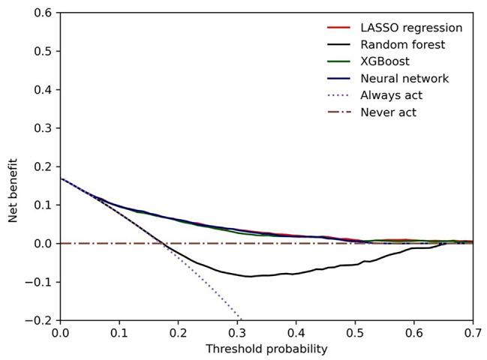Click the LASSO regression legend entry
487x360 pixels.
pyautogui.click(x=411, y=28)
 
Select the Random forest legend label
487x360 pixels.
pyautogui.click(x=402, y=45)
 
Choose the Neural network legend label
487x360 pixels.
pyautogui.click(x=404, y=79)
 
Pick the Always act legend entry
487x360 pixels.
pyautogui.click(x=391, y=95)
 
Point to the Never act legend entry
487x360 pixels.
pyautogui.click(x=388, y=112)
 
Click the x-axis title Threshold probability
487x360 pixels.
pyautogui.click(x=266, y=349)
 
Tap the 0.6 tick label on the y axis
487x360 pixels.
pyautogui.click(x=42, y=13)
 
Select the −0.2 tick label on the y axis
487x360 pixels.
pyautogui.click(x=39, y=320)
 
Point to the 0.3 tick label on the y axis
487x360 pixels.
pyautogui.click(x=42, y=128)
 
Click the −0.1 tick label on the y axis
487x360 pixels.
pyautogui.click(x=39, y=282)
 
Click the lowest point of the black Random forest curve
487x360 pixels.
pyautogui.click(x=250, y=276)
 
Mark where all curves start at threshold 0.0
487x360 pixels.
pyautogui.click(x=60, y=178)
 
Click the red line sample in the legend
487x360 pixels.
pyautogui.click(x=339, y=28)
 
